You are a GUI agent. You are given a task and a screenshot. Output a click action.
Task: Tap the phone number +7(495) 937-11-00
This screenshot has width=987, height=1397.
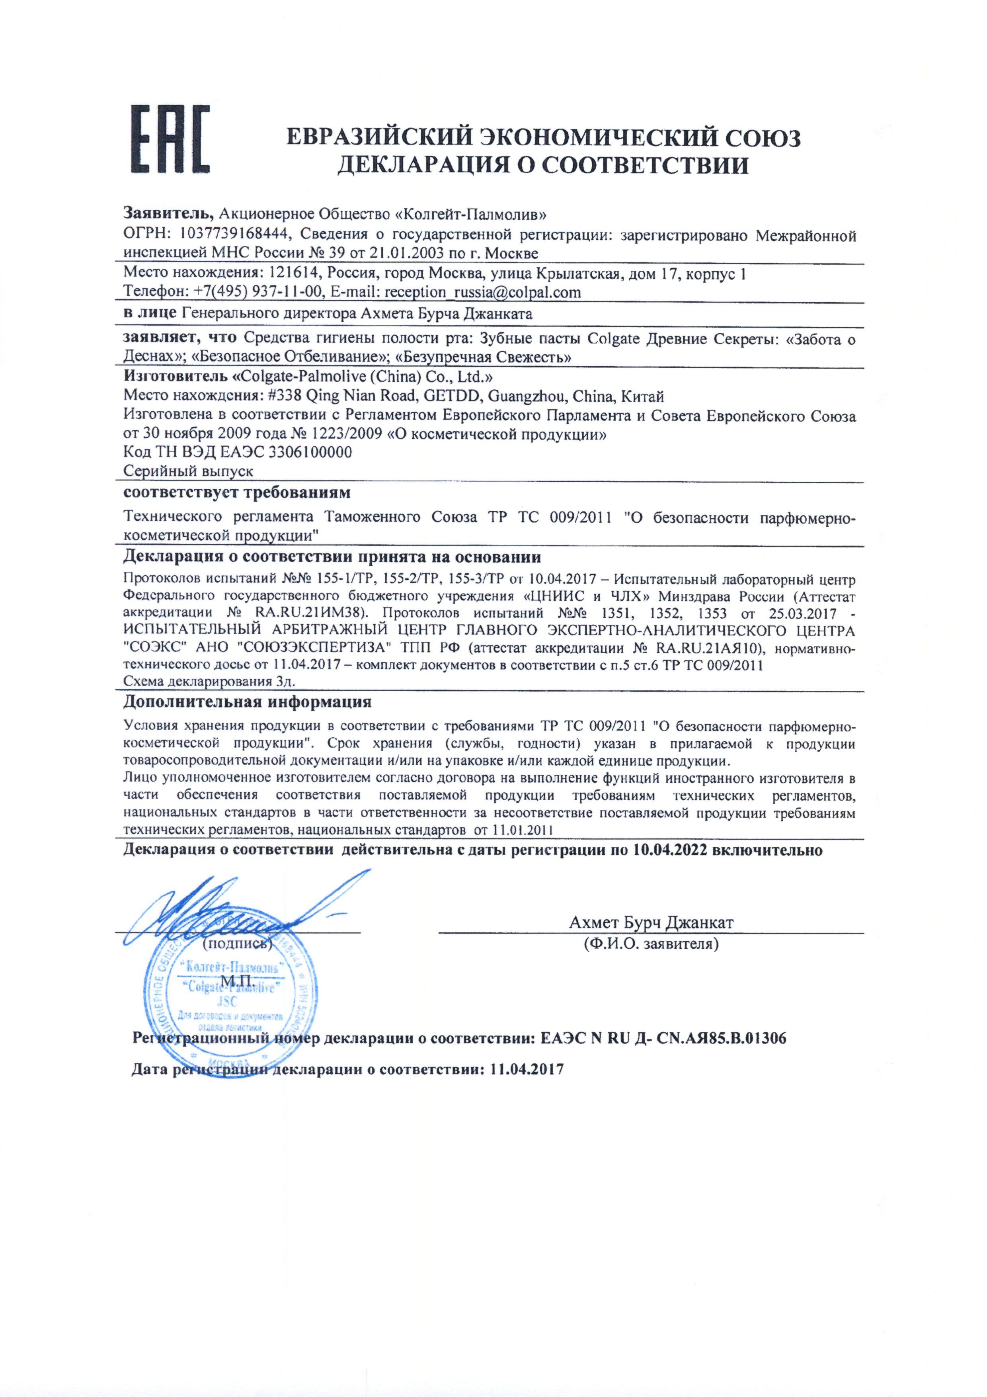coord(257,292)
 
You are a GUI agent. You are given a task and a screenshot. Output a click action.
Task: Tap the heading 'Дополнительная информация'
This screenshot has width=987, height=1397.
coord(247,701)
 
